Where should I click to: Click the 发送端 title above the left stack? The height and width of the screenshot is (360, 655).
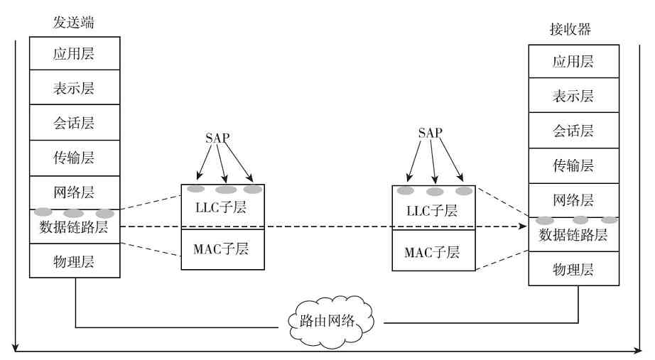[x=74, y=23]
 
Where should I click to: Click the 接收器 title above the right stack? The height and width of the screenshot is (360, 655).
[x=570, y=30]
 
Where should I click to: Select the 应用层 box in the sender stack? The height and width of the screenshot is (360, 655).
[x=75, y=54]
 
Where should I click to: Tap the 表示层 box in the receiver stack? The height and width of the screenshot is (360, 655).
[x=573, y=96]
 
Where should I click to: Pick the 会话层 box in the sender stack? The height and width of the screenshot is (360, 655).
[x=75, y=123]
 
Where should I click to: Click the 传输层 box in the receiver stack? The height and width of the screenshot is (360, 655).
[x=573, y=165]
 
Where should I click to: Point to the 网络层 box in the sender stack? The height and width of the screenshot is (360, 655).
[x=75, y=192]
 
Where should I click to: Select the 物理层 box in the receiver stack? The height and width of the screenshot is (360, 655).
[x=573, y=269]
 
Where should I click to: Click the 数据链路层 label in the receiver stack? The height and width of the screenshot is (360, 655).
[x=573, y=235]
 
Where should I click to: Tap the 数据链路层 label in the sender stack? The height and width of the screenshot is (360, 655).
[x=75, y=227]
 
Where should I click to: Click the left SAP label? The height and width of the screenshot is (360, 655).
[x=217, y=138]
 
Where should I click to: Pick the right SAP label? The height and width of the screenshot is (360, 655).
[x=430, y=133]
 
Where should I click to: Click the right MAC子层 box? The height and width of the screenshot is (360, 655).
[x=433, y=251]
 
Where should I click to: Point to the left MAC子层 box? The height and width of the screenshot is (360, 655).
[x=223, y=249]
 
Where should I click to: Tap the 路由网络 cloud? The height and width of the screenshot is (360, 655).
[x=331, y=320]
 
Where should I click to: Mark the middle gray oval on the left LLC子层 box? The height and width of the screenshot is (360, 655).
[x=226, y=190]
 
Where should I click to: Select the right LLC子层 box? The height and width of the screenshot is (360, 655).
[x=433, y=212]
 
